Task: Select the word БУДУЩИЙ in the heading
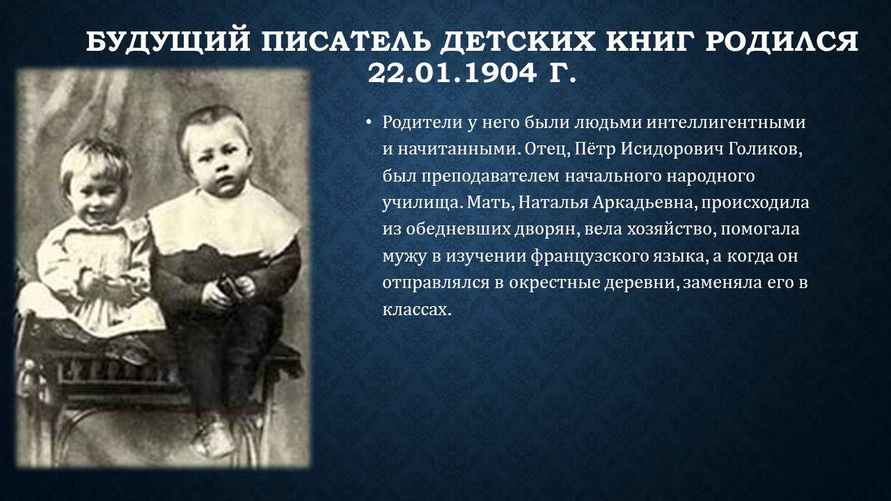click(168, 41)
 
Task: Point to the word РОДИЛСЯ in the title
click(782, 41)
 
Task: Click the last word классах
click(417, 310)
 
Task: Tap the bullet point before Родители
click(369, 122)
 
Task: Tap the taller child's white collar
click(223, 223)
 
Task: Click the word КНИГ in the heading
click(650, 41)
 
